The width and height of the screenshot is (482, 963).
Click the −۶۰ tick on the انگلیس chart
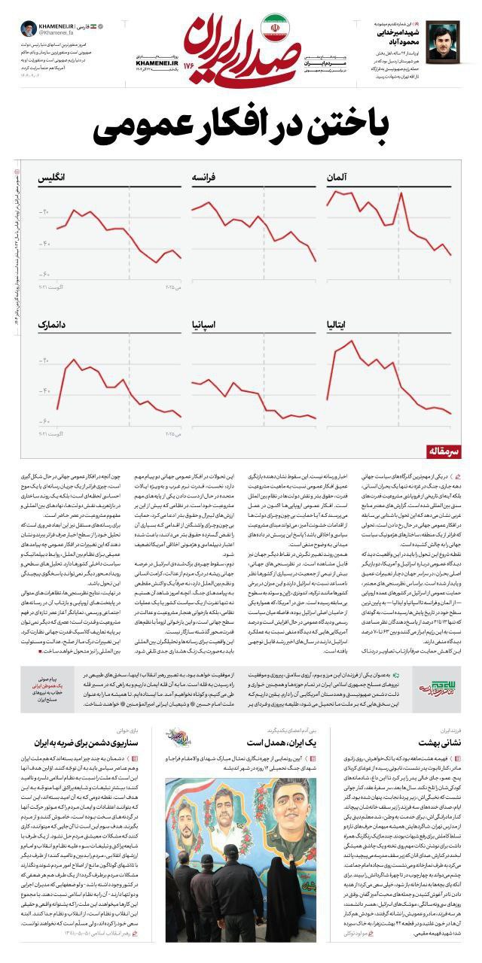(x=45, y=274)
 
